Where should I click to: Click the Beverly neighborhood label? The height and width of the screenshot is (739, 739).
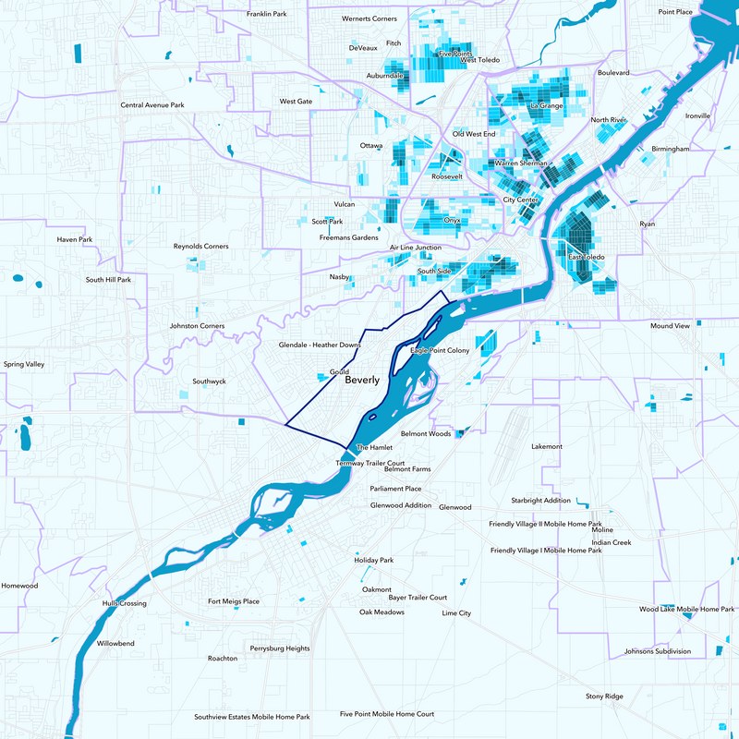(361, 380)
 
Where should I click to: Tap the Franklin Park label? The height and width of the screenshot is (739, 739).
(266, 14)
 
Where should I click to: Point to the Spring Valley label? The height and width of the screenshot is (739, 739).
(23, 364)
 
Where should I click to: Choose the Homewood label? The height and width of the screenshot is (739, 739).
(19, 586)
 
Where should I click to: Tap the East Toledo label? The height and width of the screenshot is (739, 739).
(586, 256)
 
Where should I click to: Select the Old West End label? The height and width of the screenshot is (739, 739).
(473, 134)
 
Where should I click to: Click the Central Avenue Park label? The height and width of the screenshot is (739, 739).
(152, 105)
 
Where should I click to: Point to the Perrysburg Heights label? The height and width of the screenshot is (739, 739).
(279, 648)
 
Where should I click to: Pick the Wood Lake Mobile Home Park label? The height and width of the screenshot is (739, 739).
(686, 610)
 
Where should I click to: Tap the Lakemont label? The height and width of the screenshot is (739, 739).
(546, 446)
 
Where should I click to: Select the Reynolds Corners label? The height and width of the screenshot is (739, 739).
(200, 247)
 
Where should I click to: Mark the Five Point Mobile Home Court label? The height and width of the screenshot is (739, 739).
(386, 714)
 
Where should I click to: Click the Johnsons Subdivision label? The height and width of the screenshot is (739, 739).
(657, 651)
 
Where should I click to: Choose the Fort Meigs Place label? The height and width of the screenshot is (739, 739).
(233, 601)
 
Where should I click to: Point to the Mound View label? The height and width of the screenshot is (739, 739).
(670, 326)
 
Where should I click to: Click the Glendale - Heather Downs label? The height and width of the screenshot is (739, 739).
(320, 345)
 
